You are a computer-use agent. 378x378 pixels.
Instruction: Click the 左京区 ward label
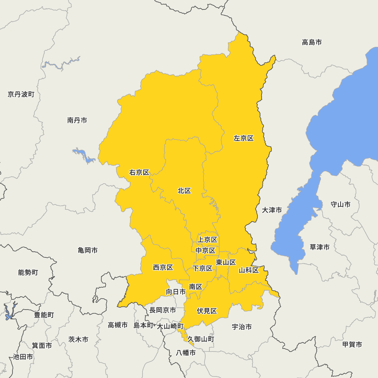point(243,138)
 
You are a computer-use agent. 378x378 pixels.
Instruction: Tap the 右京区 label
point(139,173)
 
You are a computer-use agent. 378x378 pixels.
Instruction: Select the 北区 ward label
point(184,191)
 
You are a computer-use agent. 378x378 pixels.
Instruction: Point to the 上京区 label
point(207,240)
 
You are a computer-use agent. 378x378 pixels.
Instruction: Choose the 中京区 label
point(205,251)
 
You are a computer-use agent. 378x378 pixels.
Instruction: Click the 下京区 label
point(202,269)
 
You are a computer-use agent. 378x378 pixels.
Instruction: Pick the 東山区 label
point(226,262)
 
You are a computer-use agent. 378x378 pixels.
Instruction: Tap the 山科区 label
point(249,270)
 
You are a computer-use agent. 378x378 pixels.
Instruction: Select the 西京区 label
point(163,268)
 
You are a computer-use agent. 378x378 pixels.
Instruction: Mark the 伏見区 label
point(207,311)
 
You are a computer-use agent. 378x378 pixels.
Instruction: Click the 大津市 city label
point(272,210)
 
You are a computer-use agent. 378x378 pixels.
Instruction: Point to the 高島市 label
point(312,42)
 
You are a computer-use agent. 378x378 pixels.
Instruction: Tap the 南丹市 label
point(77,121)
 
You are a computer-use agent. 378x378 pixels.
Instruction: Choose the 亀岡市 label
point(88,250)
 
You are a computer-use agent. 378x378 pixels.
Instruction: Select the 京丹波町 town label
point(21,94)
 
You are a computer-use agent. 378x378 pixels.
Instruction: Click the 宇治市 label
point(242,327)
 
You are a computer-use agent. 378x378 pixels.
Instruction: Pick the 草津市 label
point(319,247)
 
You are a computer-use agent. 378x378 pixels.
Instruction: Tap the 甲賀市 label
point(352,344)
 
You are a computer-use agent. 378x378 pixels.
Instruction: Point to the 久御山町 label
point(201,339)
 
